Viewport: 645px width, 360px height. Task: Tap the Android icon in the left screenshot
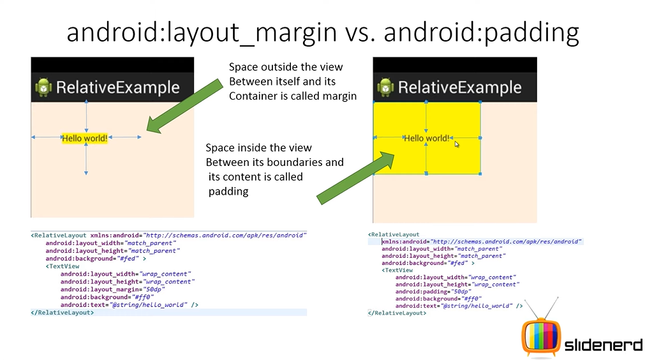(43, 87)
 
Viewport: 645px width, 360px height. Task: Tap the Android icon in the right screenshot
(385, 87)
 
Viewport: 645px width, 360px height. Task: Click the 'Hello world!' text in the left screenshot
(85, 139)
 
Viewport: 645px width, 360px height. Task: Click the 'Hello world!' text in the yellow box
(427, 139)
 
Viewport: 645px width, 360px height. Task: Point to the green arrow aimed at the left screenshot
(185, 106)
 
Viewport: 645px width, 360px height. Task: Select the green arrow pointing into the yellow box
(355, 177)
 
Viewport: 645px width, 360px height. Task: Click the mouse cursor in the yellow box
(457, 144)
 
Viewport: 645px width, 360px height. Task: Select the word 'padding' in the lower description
(228, 191)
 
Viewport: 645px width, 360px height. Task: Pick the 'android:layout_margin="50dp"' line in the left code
(113, 289)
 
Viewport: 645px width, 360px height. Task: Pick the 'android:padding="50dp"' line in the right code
(433, 292)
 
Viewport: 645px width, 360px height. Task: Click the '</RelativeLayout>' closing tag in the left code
(62, 313)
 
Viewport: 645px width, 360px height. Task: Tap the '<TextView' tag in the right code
(397, 270)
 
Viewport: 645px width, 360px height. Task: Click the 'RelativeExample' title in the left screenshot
(117, 87)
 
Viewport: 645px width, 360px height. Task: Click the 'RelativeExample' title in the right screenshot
(459, 87)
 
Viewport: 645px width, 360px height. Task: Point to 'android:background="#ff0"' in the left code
(107, 297)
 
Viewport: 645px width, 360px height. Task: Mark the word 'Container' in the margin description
(250, 96)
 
